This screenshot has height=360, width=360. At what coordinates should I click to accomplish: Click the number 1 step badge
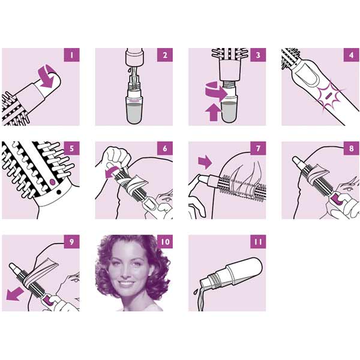pos(71,55)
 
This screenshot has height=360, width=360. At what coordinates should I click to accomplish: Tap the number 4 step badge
pos(351,55)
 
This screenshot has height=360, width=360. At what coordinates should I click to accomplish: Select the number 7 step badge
pos(258,148)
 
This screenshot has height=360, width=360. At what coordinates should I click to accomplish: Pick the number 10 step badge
pos(165,242)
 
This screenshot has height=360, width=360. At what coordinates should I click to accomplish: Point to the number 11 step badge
pos(258,242)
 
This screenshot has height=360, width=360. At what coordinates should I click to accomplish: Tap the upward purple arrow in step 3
pos(214,112)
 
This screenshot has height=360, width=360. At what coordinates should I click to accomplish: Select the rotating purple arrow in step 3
pos(216,91)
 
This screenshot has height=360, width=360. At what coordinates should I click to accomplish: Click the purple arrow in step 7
pos(205,162)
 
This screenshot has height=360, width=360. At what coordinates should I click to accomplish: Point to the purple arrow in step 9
pos(15,294)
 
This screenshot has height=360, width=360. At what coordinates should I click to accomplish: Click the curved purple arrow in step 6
pos(112,172)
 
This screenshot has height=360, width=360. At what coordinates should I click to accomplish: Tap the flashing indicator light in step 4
pos(328,94)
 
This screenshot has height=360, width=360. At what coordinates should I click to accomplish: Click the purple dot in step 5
pos(52,182)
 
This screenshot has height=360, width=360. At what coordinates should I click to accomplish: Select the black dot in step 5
pos(59,192)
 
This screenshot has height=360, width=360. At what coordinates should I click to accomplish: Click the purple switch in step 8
pos(337,199)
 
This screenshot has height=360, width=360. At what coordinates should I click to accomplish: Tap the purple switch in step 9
pos(48,301)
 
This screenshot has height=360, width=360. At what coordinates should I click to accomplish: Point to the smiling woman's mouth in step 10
pos(127,283)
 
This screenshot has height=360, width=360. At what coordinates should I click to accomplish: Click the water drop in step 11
pos(195,292)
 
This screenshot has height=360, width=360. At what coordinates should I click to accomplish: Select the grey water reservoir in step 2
pos(134,113)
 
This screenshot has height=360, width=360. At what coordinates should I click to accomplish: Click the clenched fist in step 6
pos(116,157)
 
